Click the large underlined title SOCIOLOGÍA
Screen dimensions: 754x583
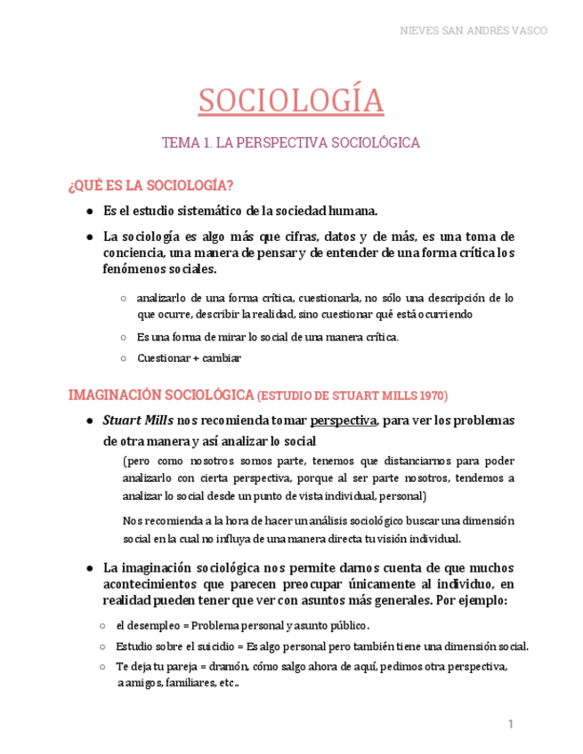click(291, 100)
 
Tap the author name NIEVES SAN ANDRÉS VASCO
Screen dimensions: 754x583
click(471, 30)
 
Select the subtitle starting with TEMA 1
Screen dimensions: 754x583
click(291, 142)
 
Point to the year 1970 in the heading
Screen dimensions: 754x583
click(430, 395)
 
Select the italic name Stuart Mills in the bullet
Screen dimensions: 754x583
click(138, 420)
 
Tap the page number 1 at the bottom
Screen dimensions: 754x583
click(511, 725)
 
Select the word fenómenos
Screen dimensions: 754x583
click(134, 269)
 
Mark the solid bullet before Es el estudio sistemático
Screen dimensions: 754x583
click(91, 212)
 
